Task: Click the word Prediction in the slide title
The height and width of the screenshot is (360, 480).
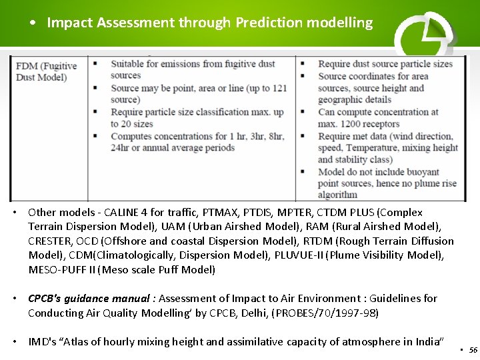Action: pyautogui.click(x=269, y=23)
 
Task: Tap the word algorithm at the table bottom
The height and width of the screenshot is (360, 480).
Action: pyautogui.click(x=337, y=195)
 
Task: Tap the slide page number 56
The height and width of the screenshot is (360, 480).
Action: pyautogui.click(x=473, y=349)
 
